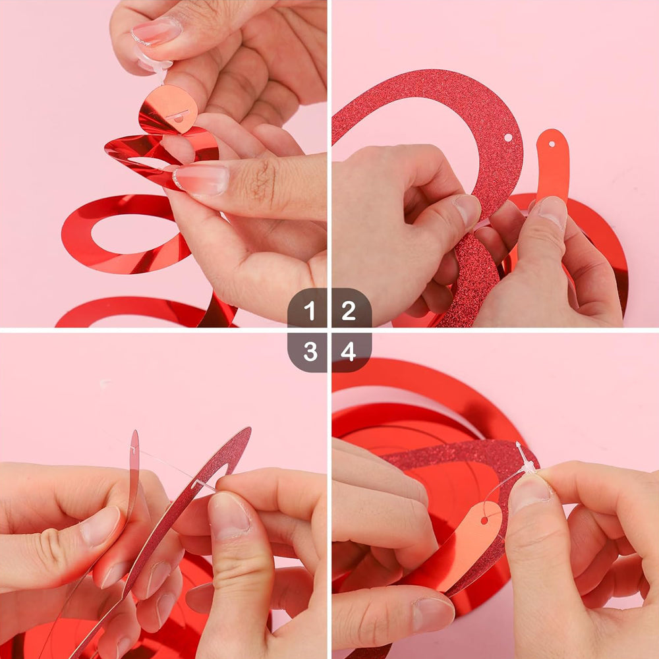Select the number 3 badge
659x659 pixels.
(x=310, y=351)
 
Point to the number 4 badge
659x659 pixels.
(x=349, y=351)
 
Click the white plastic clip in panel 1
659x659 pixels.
(x=158, y=65)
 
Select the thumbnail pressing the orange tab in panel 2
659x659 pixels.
(x=551, y=212)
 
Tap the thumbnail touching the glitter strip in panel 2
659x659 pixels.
(x=468, y=210)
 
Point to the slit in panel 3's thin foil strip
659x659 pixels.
(x=134, y=449)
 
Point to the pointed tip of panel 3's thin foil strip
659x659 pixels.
(x=135, y=433)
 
